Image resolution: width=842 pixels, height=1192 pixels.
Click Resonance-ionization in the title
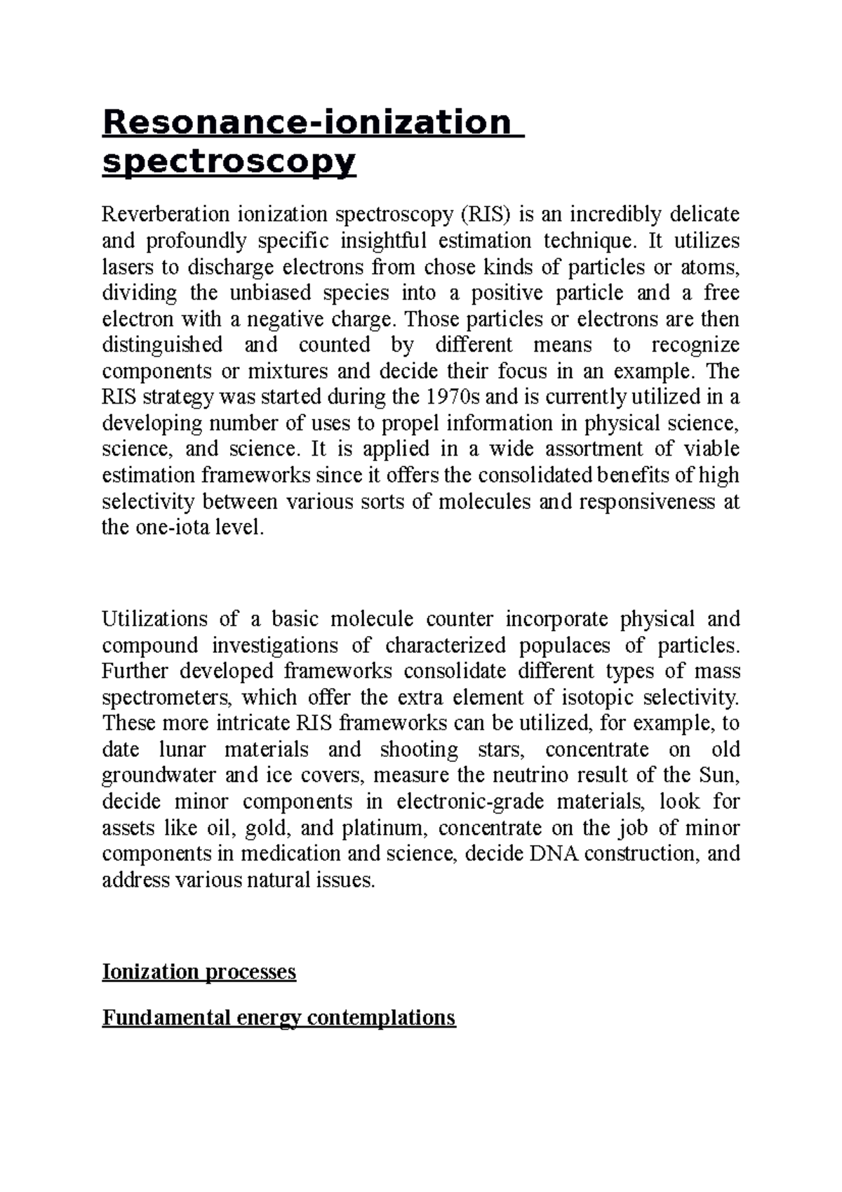click(306, 122)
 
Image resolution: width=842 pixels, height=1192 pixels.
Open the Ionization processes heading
click(199, 972)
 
